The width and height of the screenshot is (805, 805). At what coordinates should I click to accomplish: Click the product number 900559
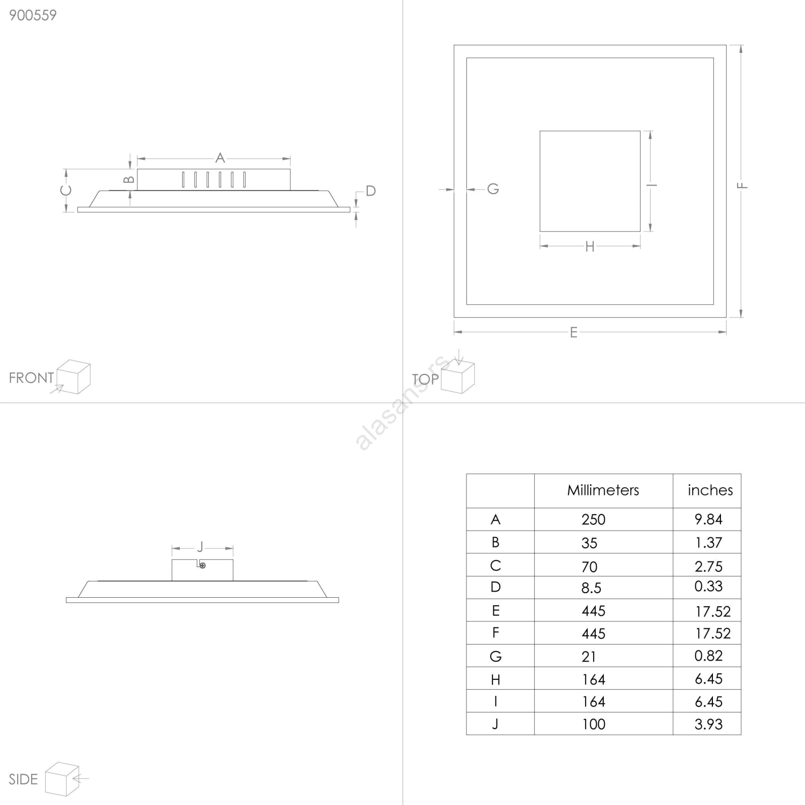pyautogui.click(x=33, y=15)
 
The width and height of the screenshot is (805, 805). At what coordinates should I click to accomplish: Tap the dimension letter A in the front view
pyautogui.click(x=220, y=158)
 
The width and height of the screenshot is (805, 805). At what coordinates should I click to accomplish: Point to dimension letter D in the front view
pyautogui.click(x=371, y=191)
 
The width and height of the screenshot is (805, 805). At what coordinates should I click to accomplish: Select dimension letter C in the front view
pyautogui.click(x=66, y=191)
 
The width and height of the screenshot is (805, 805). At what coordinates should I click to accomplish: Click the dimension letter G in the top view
pyautogui.click(x=493, y=189)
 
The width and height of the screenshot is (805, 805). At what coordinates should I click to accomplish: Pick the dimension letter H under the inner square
pyautogui.click(x=590, y=247)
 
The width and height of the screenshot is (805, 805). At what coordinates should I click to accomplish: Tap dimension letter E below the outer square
pyautogui.click(x=574, y=333)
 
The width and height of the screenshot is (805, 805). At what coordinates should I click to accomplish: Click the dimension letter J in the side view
pyautogui.click(x=200, y=547)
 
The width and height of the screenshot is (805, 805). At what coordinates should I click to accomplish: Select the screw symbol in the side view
pyautogui.click(x=203, y=566)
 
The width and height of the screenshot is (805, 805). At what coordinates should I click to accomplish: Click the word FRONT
pyautogui.click(x=31, y=378)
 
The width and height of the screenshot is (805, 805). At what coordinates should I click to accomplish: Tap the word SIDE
pyautogui.click(x=23, y=779)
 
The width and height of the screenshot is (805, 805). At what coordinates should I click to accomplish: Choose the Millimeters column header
pyautogui.click(x=603, y=490)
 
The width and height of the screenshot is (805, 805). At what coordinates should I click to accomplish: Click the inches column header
pyautogui.click(x=710, y=490)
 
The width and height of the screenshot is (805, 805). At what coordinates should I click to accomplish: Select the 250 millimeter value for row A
pyautogui.click(x=593, y=519)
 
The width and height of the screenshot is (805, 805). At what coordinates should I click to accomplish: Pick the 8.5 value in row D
pyautogui.click(x=591, y=588)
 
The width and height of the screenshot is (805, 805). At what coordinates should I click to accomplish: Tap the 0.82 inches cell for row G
pyautogui.click(x=708, y=656)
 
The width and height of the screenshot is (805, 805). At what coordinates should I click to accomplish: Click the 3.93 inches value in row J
pyautogui.click(x=708, y=724)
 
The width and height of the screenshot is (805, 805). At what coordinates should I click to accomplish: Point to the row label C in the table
pyautogui.click(x=496, y=566)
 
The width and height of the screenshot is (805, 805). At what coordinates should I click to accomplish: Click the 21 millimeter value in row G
pyautogui.click(x=589, y=657)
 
